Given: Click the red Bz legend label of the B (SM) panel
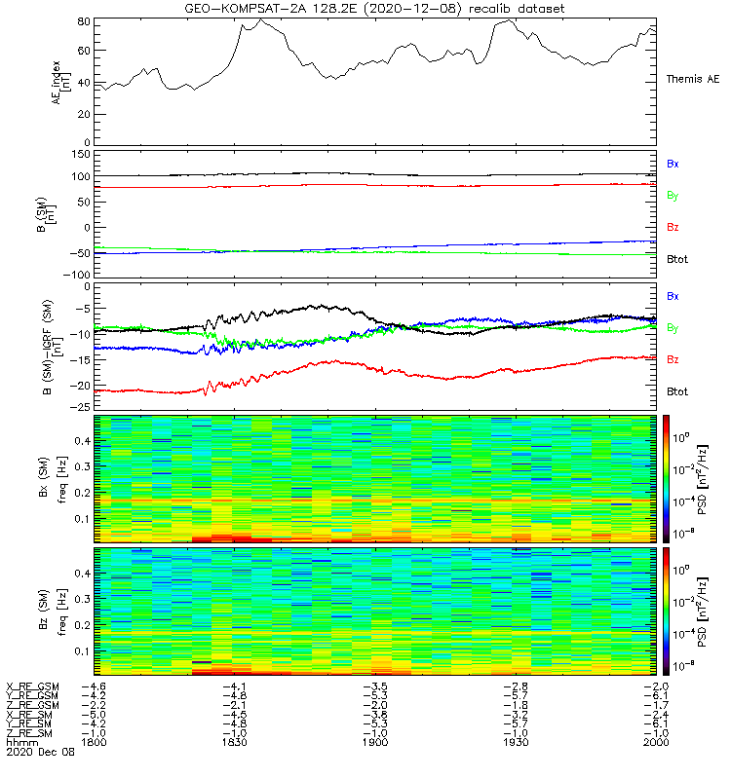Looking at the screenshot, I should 673,227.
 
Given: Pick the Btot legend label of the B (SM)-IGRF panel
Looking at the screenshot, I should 677,390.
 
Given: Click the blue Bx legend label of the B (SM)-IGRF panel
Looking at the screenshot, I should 673,295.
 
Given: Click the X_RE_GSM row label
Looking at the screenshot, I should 32,686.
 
